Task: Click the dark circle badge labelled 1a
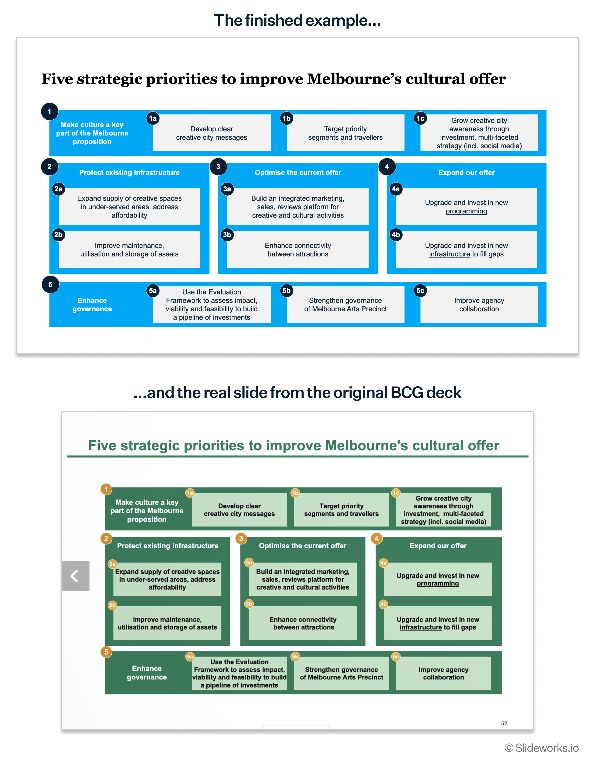point(153,118)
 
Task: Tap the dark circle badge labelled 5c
point(420,290)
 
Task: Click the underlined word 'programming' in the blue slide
point(466,211)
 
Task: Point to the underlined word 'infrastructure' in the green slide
point(421,627)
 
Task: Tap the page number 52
point(504,723)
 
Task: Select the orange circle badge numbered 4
point(376,538)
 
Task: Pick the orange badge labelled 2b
point(112,605)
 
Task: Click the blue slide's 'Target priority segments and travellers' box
point(345,133)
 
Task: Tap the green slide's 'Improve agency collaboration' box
point(443,674)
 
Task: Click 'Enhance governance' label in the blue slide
point(92,305)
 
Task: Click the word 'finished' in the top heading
point(274,20)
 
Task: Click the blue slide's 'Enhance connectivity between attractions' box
point(298,250)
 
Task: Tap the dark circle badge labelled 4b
point(396,235)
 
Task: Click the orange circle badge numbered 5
point(106,652)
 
